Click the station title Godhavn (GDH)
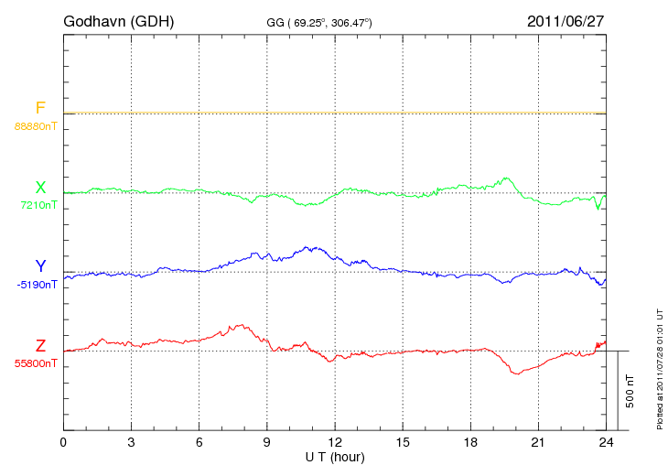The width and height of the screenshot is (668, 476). tap(118, 20)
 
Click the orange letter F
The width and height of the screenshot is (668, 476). tap(40, 108)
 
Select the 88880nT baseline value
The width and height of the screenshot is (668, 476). tap(36, 125)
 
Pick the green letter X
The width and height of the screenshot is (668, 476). tap(40, 188)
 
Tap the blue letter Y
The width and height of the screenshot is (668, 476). tap(40, 267)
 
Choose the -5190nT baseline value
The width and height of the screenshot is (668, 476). tap(37, 285)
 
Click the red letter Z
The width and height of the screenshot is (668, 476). tap(40, 346)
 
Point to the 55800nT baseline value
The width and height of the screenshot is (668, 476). tap(36, 363)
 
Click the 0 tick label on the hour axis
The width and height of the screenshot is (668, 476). tap(63, 442)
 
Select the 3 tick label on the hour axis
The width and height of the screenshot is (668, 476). tap(131, 442)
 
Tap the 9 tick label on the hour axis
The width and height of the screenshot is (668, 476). tap(266, 442)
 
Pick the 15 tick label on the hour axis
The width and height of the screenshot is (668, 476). tap(402, 442)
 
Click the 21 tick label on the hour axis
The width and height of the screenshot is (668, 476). tap(537, 442)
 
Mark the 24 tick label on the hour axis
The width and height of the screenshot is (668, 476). tap(605, 442)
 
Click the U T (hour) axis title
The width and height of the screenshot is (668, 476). tap(334, 456)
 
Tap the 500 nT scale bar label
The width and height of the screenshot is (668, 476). tap(630, 391)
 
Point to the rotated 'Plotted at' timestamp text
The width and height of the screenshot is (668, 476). tap(660, 366)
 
